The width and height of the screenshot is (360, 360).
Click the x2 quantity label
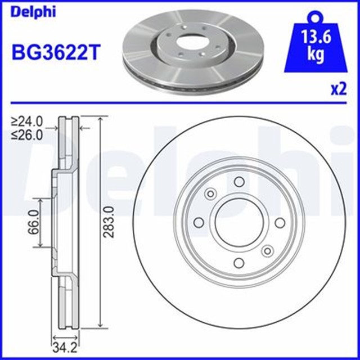point(337,89)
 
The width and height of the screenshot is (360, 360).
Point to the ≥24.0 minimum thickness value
point(28,121)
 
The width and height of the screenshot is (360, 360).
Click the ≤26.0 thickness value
point(28,134)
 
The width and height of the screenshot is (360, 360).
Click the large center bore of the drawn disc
point(238,222)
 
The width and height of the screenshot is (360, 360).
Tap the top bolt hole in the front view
point(238,182)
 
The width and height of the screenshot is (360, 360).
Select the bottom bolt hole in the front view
point(238,262)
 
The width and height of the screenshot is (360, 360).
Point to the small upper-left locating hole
point(210,193)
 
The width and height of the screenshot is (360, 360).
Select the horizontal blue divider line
point(180,103)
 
